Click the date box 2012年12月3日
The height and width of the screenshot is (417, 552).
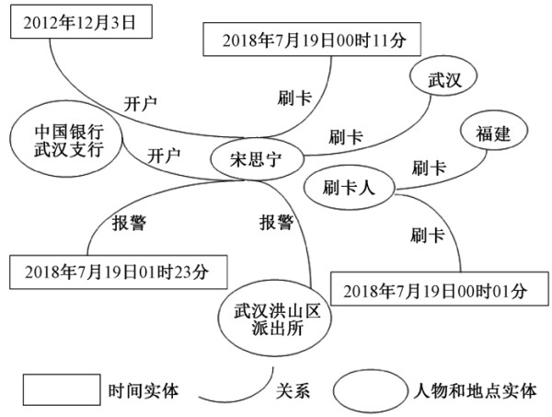[x=81, y=21]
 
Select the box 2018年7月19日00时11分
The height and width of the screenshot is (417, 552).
[x=312, y=40]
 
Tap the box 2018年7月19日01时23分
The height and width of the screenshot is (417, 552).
[x=119, y=272]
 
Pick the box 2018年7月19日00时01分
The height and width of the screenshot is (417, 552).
[x=440, y=288]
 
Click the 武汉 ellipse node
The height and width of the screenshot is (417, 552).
[x=443, y=76]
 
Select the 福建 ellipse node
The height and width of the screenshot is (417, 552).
[x=494, y=131]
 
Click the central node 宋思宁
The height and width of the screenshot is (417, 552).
[x=257, y=159]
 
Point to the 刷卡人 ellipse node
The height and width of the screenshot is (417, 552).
[x=349, y=188]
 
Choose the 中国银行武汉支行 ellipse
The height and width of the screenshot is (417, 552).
[x=66, y=139]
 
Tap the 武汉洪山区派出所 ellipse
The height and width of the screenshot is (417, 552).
[x=275, y=319]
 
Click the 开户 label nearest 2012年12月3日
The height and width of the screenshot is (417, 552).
[x=140, y=103]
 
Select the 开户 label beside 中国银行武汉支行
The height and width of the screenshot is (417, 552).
[x=164, y=156]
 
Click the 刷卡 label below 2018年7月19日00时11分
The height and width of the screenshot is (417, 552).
[x=294, y=98]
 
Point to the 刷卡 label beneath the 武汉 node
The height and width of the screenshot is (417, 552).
[x=346, y=136]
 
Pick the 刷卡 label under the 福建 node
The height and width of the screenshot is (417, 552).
[x=429, y=168]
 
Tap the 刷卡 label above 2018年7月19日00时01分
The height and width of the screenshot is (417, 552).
[x=427, y=235]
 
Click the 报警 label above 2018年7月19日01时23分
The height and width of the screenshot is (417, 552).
[x=129, y=223]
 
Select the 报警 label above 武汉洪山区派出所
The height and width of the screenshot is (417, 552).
[x=276, y=223]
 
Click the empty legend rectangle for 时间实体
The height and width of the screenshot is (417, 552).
[x=62, y=389]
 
